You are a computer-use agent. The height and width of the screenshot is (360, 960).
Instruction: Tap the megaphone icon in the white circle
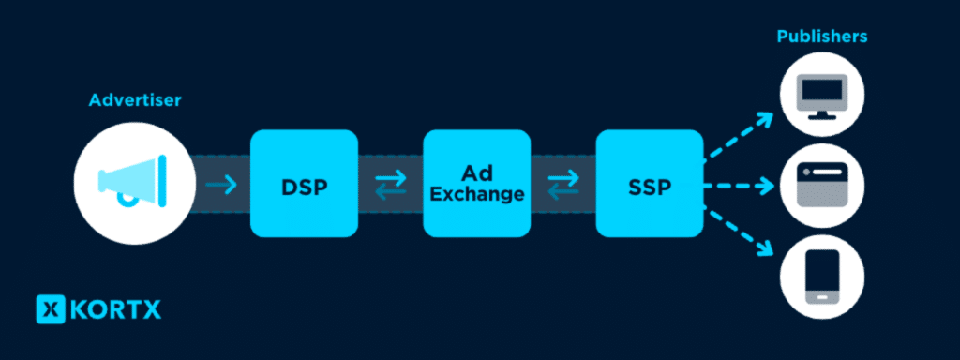point(132,182)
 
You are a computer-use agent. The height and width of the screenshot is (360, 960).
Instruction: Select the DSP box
point(304,184)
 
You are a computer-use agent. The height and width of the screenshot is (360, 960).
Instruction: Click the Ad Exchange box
point(477,184)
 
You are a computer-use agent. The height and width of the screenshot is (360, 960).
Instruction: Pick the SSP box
point(649,184)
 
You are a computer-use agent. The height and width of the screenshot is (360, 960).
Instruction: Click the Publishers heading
point(821,37)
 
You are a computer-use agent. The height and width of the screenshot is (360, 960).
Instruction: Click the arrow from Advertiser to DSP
point(222,185)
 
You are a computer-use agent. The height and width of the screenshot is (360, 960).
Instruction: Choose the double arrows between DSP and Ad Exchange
point(390,185)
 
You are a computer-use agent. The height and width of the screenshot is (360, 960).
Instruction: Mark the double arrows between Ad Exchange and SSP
point(562,185)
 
